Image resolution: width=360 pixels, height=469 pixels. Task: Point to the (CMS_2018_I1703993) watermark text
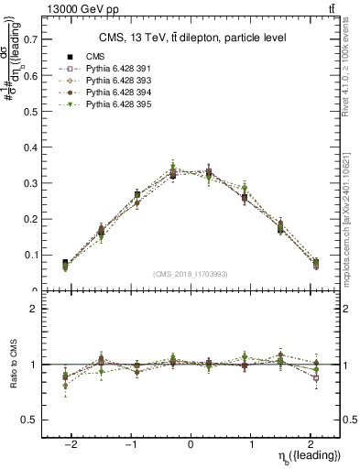[191, 274]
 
